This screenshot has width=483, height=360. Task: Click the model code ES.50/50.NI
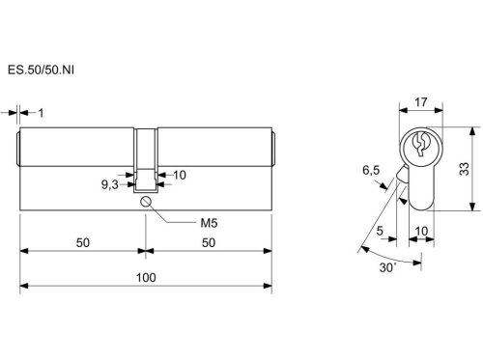(41, 69)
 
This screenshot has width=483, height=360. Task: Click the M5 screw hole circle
(146, 202)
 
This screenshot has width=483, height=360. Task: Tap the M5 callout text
(209, 223)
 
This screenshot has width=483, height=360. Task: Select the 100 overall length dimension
(146, 277)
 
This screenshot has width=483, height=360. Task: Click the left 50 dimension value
(83, 242)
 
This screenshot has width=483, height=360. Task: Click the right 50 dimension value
(209, 242)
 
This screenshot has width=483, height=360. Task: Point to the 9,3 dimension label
(110, 185)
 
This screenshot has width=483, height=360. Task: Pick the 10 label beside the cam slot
(180, 175)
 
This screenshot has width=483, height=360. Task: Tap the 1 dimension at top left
(41, 113)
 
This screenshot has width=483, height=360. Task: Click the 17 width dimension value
(420, 102)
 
